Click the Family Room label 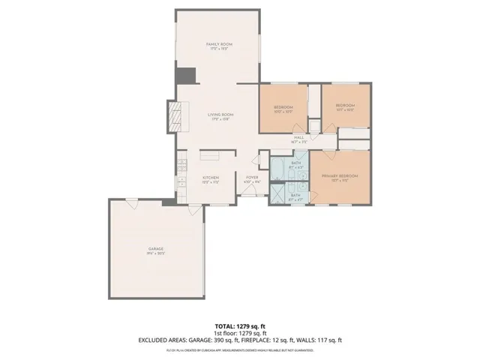[x=220, y=46]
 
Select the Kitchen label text [x=210, y=178]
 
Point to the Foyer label [x=253, y=178]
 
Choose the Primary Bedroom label [x=340, y=177]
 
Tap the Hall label [x=298, y=139]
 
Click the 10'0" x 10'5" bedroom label [x=283, y=109]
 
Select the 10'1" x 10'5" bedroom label [x=344, y=106]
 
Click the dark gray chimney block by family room [x=184, y=76]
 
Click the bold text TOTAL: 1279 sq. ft [x=240, y=326]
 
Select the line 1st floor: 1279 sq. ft [x=240, y=333]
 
